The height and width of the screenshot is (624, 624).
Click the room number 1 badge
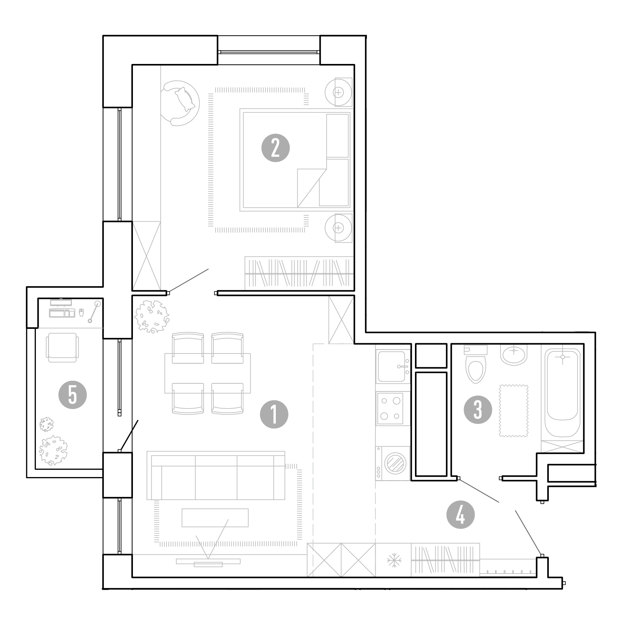pos(274,414)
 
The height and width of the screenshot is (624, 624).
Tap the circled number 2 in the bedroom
pos(275,148)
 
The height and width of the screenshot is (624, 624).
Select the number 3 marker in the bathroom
pos(478,410)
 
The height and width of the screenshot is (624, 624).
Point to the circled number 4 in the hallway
pos(461,514)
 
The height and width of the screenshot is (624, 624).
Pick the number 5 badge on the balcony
pos(73,395)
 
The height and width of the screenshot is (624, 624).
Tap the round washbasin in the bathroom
pos(514,354)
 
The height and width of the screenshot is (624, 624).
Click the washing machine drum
pos(395,464)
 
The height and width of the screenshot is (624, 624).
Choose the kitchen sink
pos(392,366)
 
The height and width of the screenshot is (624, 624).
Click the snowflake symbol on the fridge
pos(394,560)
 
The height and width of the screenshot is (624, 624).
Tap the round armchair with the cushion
pos(180,103)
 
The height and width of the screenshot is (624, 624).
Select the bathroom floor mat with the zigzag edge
pos(514,411)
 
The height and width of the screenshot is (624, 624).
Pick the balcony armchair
pos(62,347)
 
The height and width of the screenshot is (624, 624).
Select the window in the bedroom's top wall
pos(269,52)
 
